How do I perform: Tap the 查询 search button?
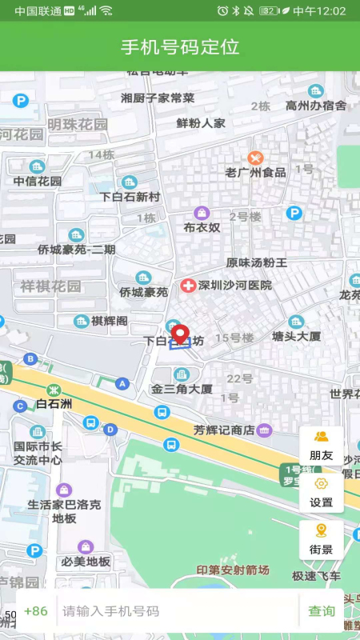point(322,611)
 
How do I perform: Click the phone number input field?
point(176,611)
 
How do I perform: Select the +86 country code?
point(36,611)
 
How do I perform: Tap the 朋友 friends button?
point(322,446)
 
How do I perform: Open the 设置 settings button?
point(322,493)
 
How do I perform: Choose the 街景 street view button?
point(322,539)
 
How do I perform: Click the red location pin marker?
point(180,334)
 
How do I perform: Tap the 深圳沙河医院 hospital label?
point(234,285)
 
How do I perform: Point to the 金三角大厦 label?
point(182,389)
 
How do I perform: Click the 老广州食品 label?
point(255,172)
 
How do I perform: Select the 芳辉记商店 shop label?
point(224,430)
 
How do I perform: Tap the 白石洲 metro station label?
point(54,403)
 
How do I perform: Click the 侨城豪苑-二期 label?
point(77,249)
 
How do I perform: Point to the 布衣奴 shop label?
point(202,227)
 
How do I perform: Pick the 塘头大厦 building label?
point(297,335)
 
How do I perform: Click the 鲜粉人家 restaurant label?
point(201,123)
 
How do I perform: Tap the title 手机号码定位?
point(180,46)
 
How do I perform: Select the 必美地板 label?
point(86,561)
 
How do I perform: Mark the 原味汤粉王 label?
point(257,262)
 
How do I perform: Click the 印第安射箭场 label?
point(234,570)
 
